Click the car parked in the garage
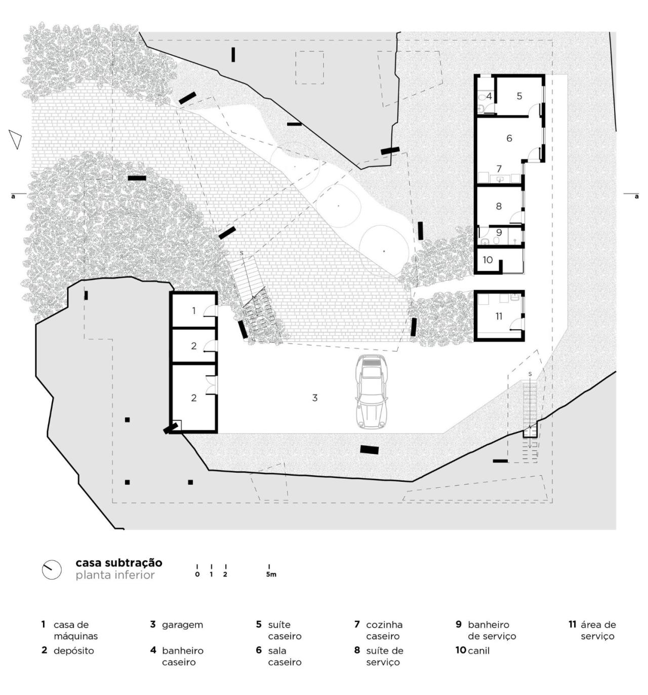[372, 392]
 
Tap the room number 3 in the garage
[314, 398]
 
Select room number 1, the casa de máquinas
[194, 311]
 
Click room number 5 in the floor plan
[519, 96]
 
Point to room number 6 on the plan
[509, 138]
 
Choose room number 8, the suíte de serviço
[499, 206]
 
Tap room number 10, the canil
[488, 260]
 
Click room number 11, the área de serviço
[499, 316]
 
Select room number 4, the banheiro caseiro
[489, 96]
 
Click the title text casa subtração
[119, 563]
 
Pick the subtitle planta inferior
[115, 575]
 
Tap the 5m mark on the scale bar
[271, 574]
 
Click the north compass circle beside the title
[51, 569]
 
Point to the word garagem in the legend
[182, 625]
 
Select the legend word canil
[478, 650]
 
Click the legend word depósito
[74, 650]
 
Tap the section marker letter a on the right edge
[636, 196]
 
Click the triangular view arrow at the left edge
[16, 139]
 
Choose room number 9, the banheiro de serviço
[499, 233]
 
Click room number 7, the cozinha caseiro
[499, 168]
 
